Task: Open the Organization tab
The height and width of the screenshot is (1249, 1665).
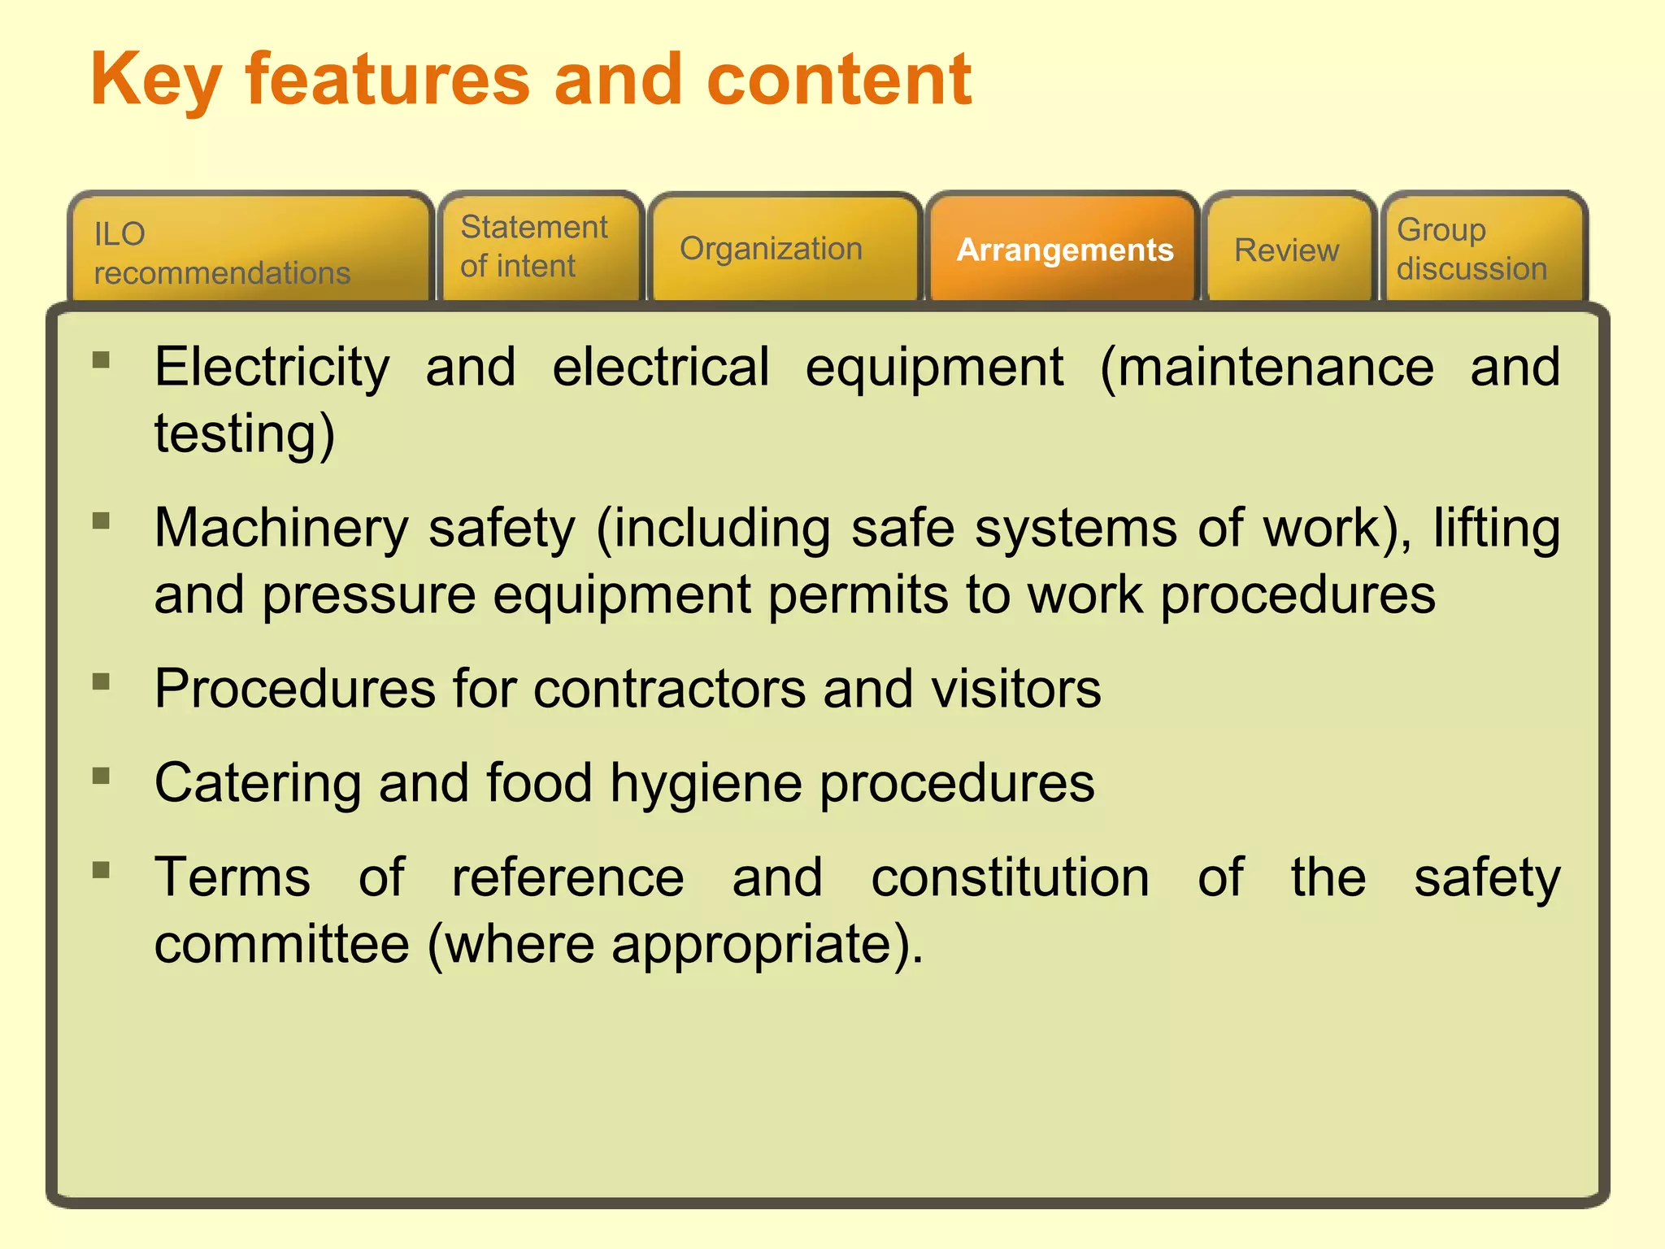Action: (x=785, y=249)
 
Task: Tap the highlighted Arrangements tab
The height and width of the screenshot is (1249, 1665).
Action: (x=1063, y=250)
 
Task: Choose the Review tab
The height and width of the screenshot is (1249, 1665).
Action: (x=1287, y=250)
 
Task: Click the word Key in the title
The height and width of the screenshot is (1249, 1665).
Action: (x=155, y=81)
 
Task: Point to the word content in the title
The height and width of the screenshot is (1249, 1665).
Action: (x=839, y=80)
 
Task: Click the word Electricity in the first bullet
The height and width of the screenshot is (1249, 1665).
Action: (x=272, y=368)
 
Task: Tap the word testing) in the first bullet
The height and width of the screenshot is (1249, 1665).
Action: (x=245, y=434)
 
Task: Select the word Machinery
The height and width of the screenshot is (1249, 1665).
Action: (x=281, y=529)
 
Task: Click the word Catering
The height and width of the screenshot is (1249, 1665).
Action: (x=258, y=784)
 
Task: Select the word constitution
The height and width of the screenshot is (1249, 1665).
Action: (x=1010, y=878)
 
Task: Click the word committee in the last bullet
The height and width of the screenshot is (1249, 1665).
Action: (x=281, y=945)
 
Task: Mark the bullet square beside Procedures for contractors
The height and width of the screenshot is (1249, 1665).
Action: (x=102, y=681)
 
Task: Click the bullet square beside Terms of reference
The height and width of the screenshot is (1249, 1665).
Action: (x=102, y=870)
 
